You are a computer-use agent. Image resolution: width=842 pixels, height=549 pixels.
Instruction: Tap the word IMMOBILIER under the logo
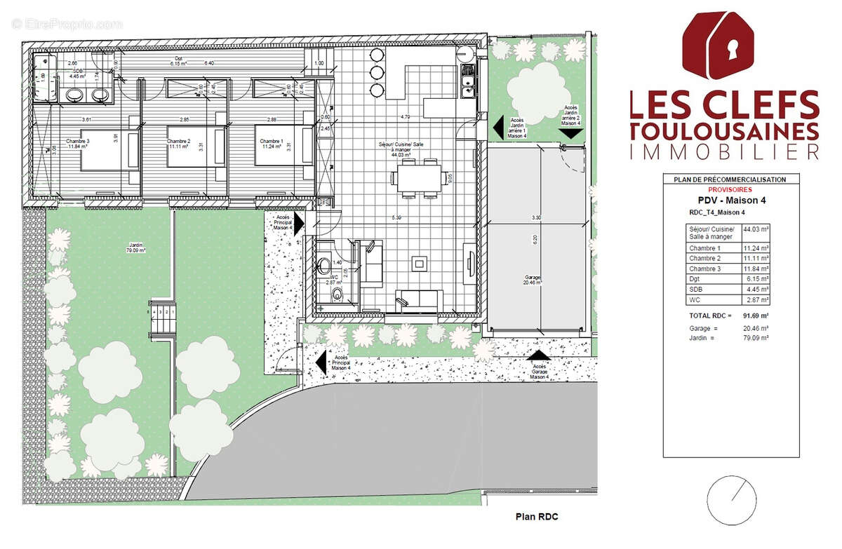(x=724, y=151)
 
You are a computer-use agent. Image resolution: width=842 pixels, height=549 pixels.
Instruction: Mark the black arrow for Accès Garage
(x=538, y=356)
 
